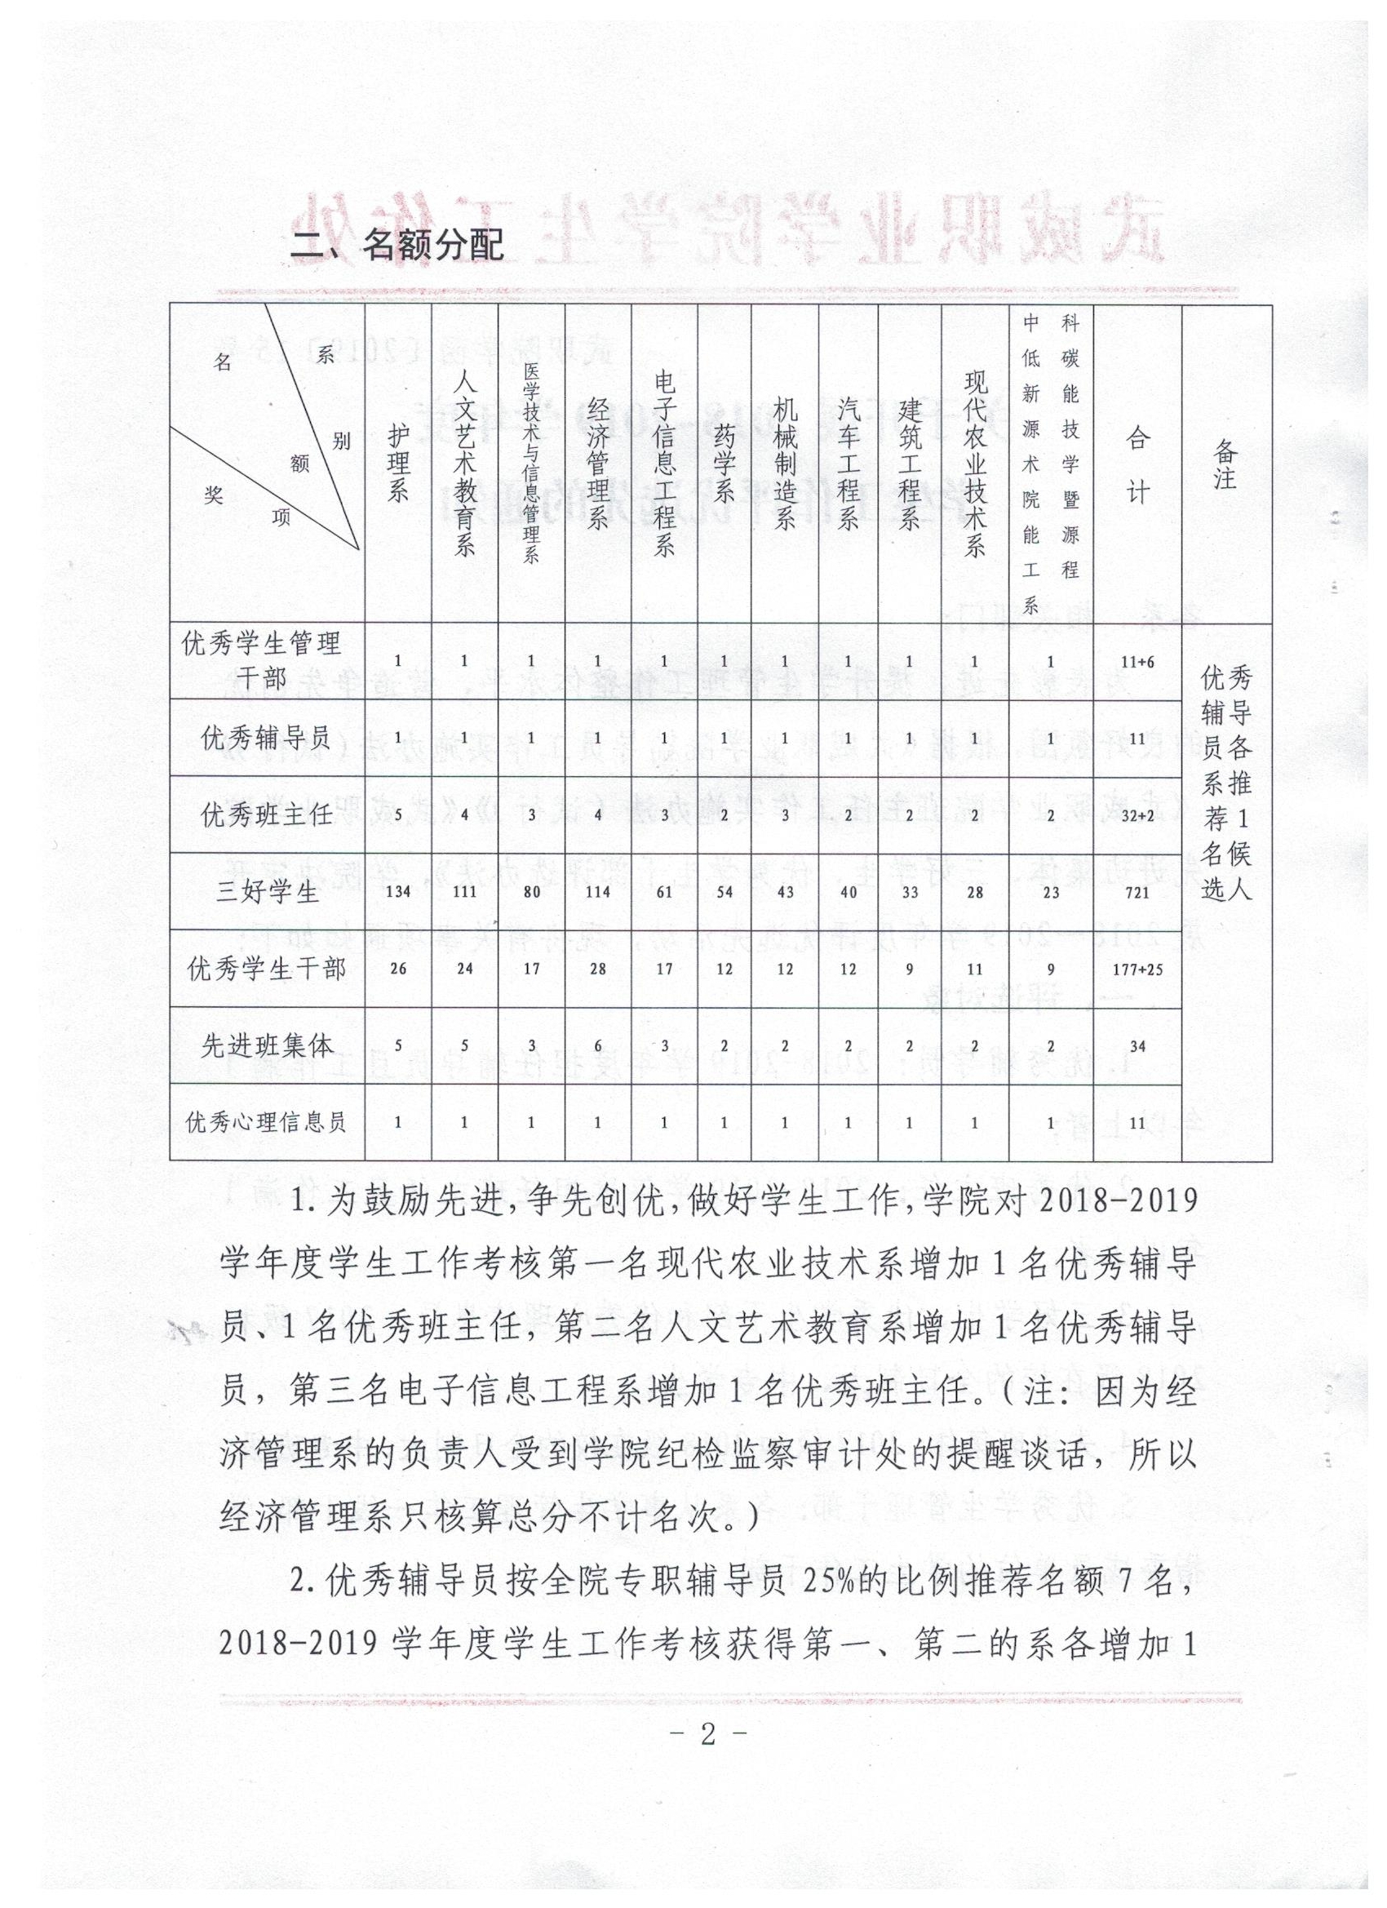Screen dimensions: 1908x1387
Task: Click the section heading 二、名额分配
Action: point(397,244)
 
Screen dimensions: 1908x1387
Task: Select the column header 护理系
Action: point(398,464)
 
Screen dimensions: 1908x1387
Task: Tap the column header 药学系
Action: point(724,464)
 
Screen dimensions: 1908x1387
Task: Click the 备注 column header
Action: point(1225,464)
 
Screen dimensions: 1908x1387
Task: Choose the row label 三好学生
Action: point(268,892)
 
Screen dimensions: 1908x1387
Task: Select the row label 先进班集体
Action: point(268,1045)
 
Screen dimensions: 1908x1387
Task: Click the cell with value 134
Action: point(397,892)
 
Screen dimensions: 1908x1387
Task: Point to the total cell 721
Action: point(1137,892)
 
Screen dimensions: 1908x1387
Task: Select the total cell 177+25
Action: point(1137,970)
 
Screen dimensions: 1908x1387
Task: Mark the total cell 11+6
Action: point(1137,661)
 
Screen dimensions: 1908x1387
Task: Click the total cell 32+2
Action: point(1137,815)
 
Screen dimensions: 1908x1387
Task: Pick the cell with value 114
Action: point(597,892)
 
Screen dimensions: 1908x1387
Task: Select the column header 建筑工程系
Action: point(909,464)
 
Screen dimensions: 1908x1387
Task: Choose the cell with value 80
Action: point(532,892)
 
